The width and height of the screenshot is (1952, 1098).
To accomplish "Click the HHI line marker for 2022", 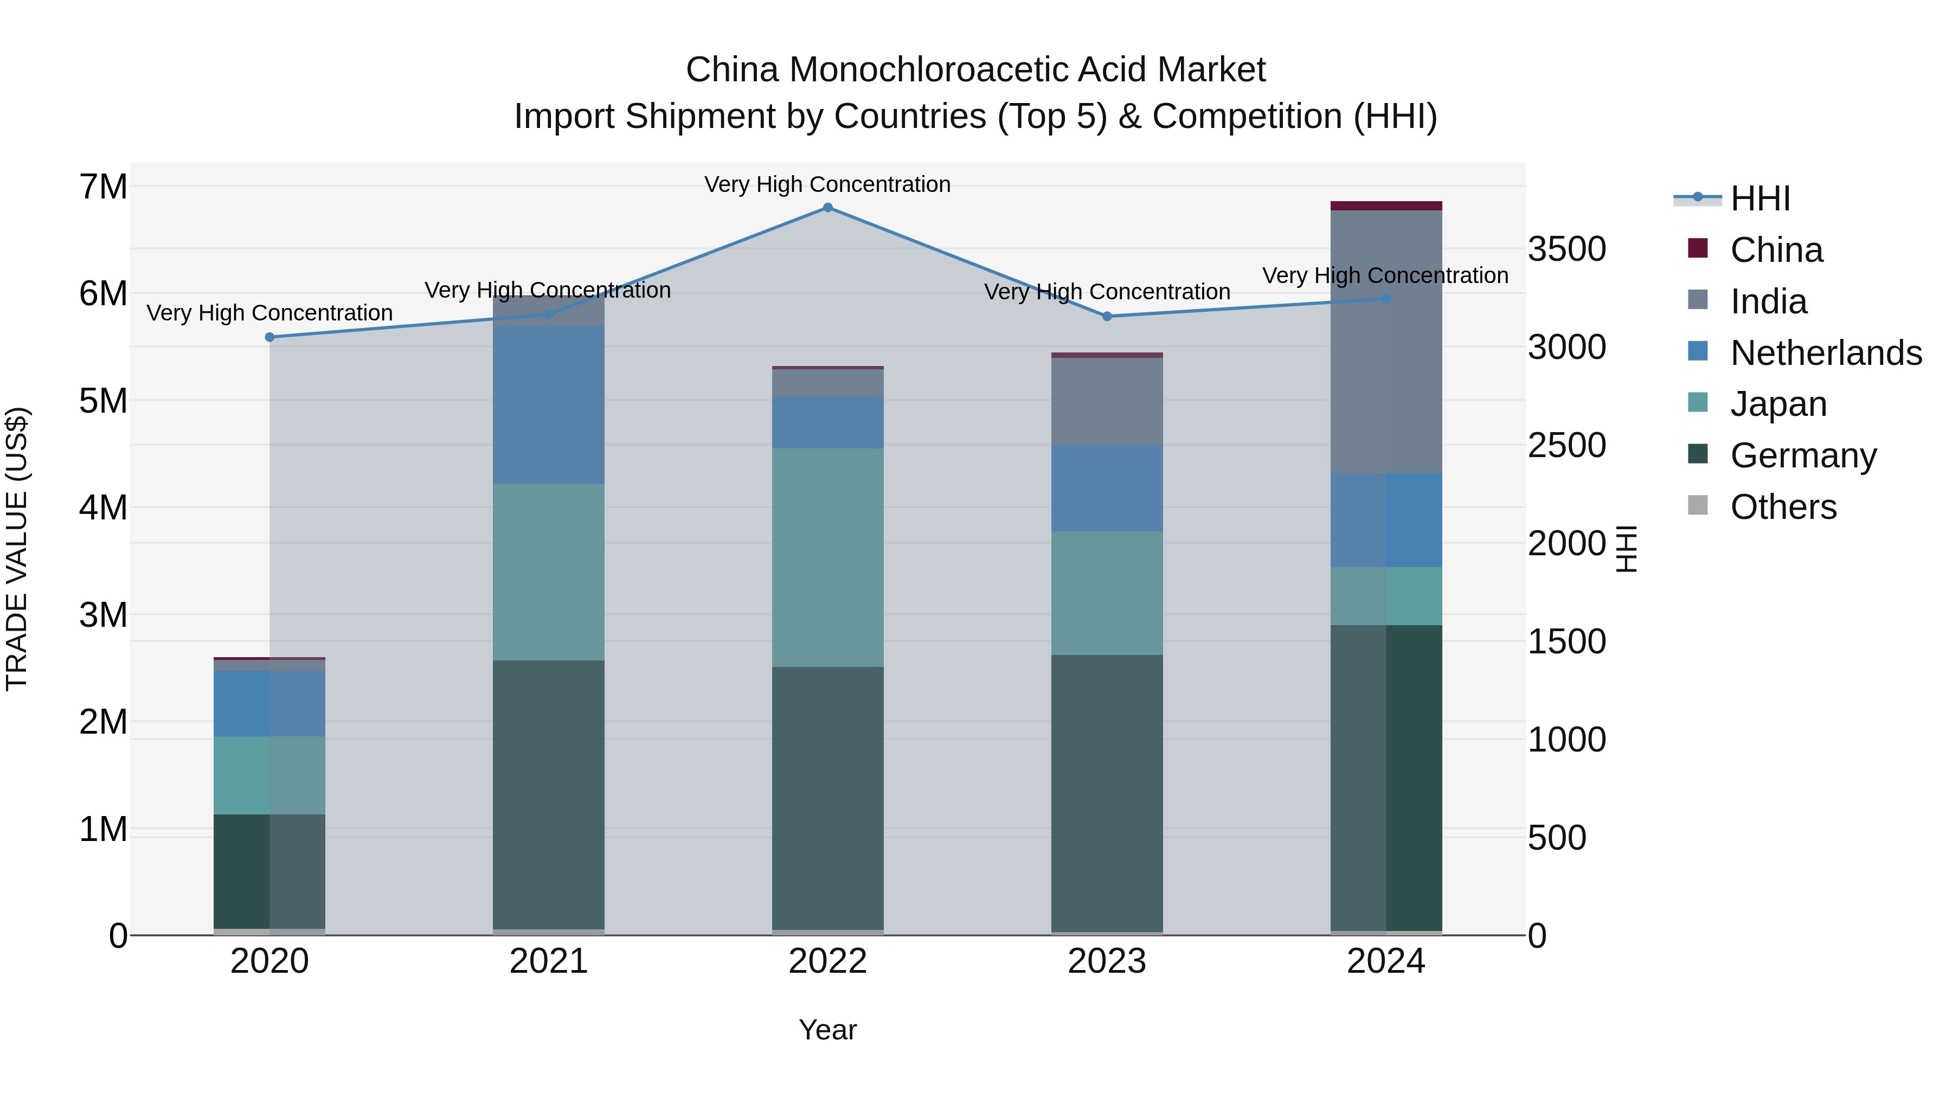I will click(x=827, y=208).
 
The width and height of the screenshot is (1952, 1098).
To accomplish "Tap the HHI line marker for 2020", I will click(x=270, y=337).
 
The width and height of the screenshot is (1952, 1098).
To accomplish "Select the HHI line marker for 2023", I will click(x=1107, y=317).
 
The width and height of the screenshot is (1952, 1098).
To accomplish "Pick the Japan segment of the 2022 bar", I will click(x=827, y=558).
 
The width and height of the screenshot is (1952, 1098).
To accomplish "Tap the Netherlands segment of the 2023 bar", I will click(x=1107, y=488).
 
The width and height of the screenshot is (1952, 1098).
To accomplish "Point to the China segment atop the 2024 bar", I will click(x=1386, y=206).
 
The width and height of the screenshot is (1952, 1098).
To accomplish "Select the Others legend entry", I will click(x=1783, y=507).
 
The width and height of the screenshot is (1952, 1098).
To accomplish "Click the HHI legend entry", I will click(x=1760, y=198).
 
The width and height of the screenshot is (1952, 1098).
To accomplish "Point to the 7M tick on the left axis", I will click(x=103, y=187).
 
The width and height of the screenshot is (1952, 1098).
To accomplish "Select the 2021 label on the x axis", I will click(x=549, y=961).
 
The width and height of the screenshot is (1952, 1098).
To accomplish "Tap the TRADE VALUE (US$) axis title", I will click(x=17, y=549).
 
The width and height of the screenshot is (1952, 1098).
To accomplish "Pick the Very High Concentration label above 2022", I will click(x=827, y=184).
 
